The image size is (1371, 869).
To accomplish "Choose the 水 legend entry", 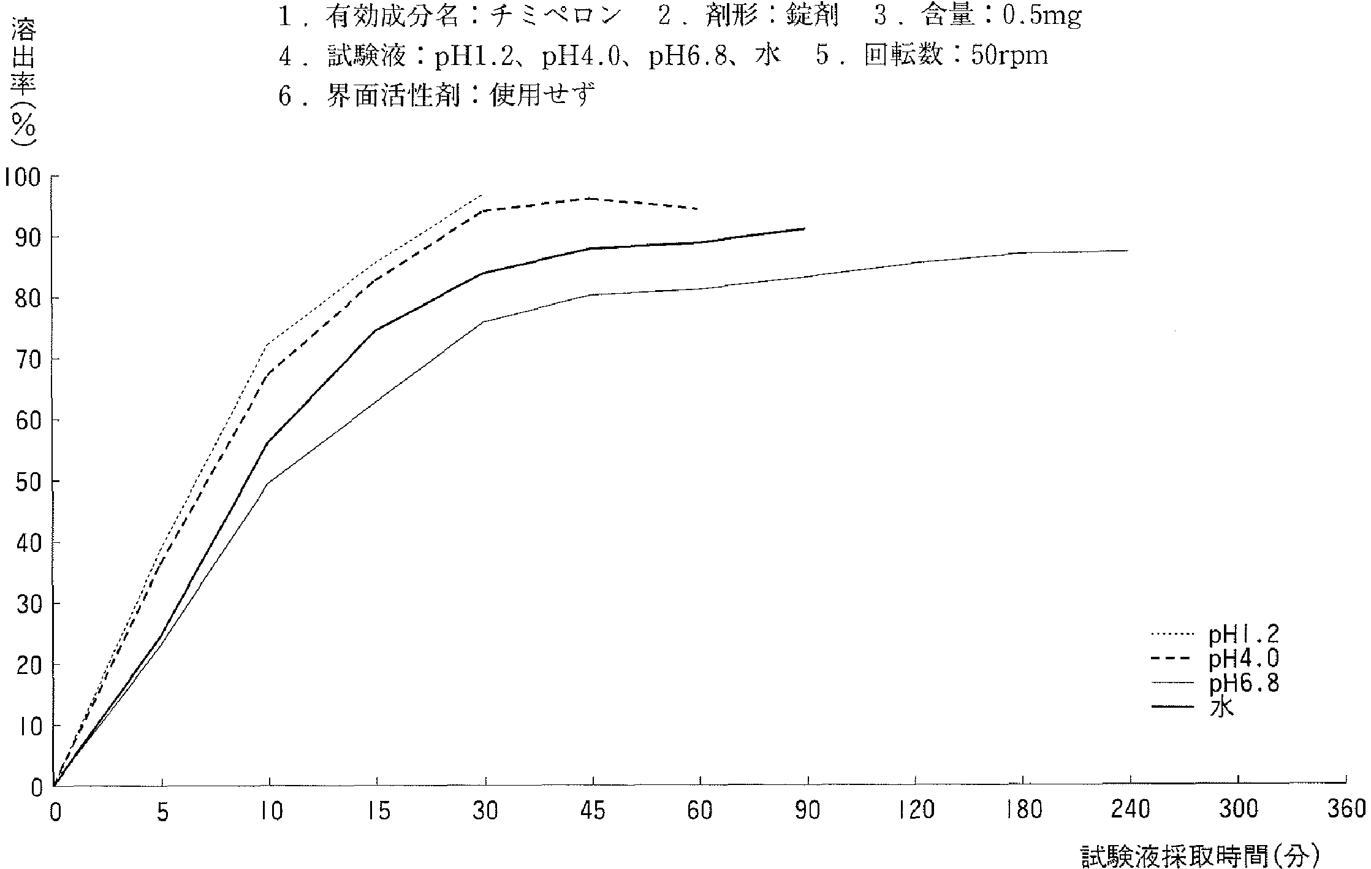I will tap(1221, 708).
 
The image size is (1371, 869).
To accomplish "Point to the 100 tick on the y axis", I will tap(22, 177).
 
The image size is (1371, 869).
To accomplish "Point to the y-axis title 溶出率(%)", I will tap(23, 83).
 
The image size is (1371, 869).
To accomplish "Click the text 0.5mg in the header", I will tap(1042, 17).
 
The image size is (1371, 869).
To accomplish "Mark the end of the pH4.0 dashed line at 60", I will tap(699, 209).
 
